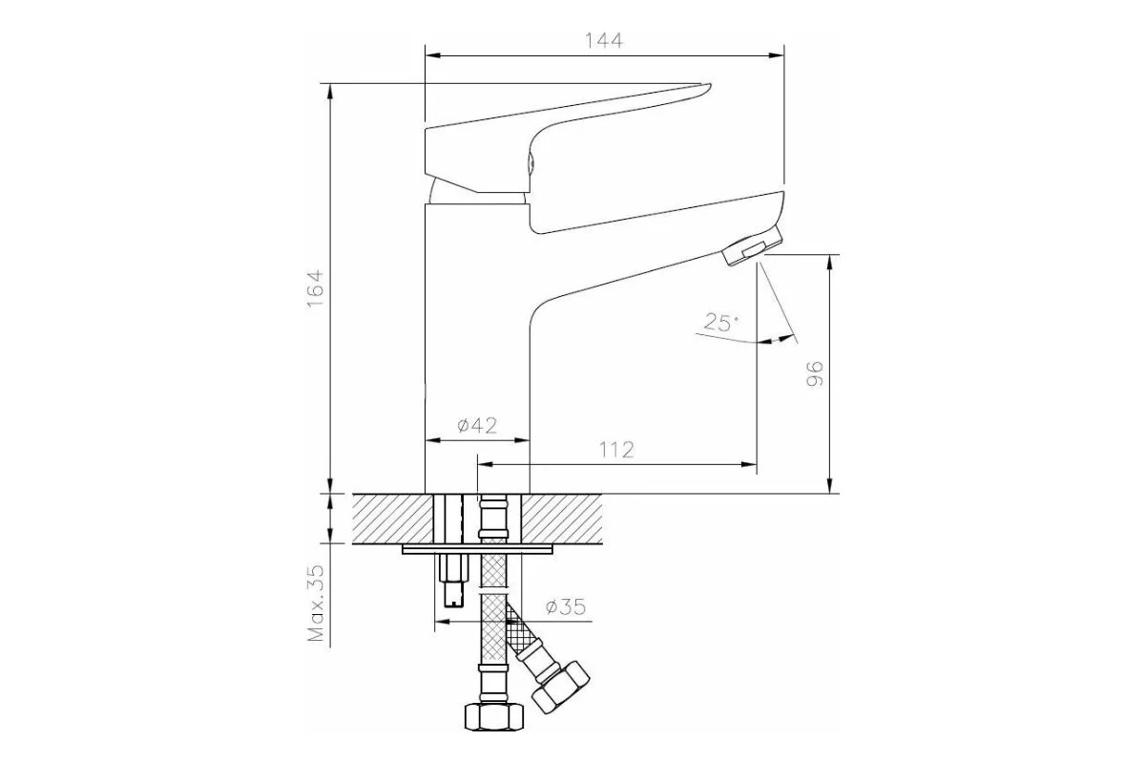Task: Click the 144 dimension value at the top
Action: click(604, 40)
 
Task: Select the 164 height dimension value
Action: click(316, 288)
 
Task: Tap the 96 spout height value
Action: click(815, 374)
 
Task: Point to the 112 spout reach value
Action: click(616, 450)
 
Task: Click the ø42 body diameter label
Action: click(477, 425)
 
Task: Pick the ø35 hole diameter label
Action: click(565, 606)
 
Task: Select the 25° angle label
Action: click(720, 323)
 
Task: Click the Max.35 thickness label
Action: click(316, 603)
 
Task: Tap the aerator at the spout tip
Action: click(753, 246)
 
